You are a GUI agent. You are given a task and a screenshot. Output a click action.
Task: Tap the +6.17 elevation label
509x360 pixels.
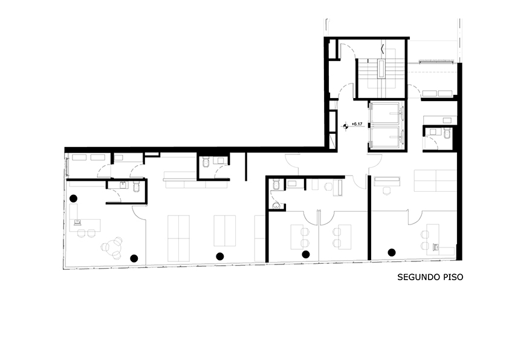(x=357, y=124)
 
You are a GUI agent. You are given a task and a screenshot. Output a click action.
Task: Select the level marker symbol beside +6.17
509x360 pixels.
(x=346, y=126)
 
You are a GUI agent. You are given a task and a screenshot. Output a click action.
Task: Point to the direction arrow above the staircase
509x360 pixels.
(x=383, y=50)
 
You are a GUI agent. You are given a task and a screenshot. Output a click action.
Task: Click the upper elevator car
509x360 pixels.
(x=384, y=113)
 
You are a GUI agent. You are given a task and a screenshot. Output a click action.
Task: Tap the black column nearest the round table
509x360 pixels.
(x=134, y=258)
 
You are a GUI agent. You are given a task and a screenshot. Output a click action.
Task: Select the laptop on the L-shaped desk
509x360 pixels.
(x=78, y=223)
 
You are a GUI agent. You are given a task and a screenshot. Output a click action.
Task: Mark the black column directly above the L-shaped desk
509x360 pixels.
(x=74, y=198)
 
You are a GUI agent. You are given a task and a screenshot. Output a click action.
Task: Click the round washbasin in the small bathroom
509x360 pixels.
(x=276, y=205)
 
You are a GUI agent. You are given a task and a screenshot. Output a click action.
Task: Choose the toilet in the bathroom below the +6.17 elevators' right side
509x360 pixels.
(x=447, y=133)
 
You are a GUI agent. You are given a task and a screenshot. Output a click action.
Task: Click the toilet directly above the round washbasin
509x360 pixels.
(x=276, y=184)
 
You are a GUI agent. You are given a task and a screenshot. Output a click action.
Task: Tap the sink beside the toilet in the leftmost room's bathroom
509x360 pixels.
(x=124, y=185)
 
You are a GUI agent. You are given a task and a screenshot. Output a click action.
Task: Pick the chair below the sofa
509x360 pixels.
(x=387, y=191)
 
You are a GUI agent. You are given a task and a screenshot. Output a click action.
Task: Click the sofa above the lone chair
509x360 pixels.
(x=387, y=181)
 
